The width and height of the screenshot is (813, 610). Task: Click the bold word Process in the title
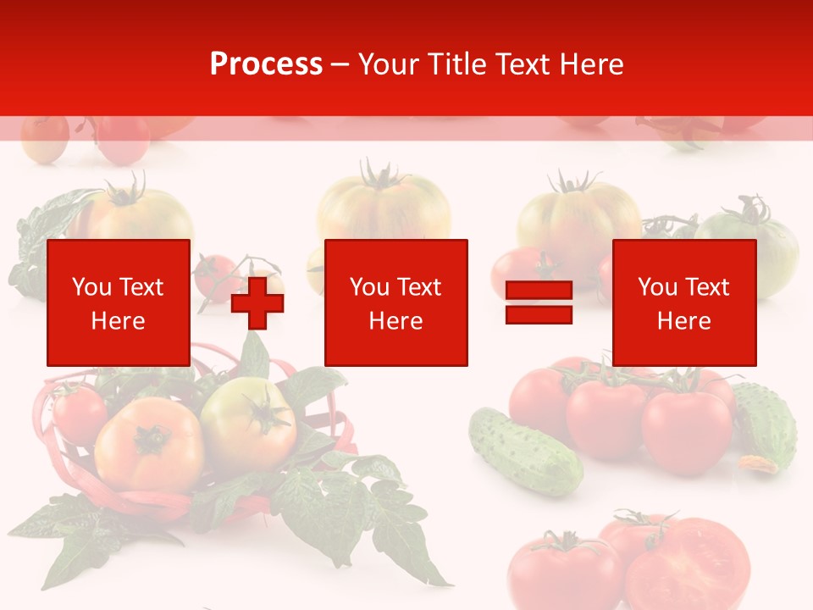point(266,64)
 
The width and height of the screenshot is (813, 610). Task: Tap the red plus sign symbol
point(257,302)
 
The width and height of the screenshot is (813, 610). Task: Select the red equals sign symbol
point(539,302)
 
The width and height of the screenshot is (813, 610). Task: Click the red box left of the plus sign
point(119,302)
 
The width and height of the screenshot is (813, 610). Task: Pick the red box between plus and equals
point(395,302)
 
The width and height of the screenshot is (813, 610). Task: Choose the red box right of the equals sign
point(683,302)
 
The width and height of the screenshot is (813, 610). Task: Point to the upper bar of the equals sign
point(539,291)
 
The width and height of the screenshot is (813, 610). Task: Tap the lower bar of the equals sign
point(539,314)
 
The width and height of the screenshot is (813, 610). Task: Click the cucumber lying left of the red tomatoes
point(525,450)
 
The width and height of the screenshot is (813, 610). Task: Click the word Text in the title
point(524,64)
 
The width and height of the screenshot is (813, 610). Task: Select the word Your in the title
point(389,64)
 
